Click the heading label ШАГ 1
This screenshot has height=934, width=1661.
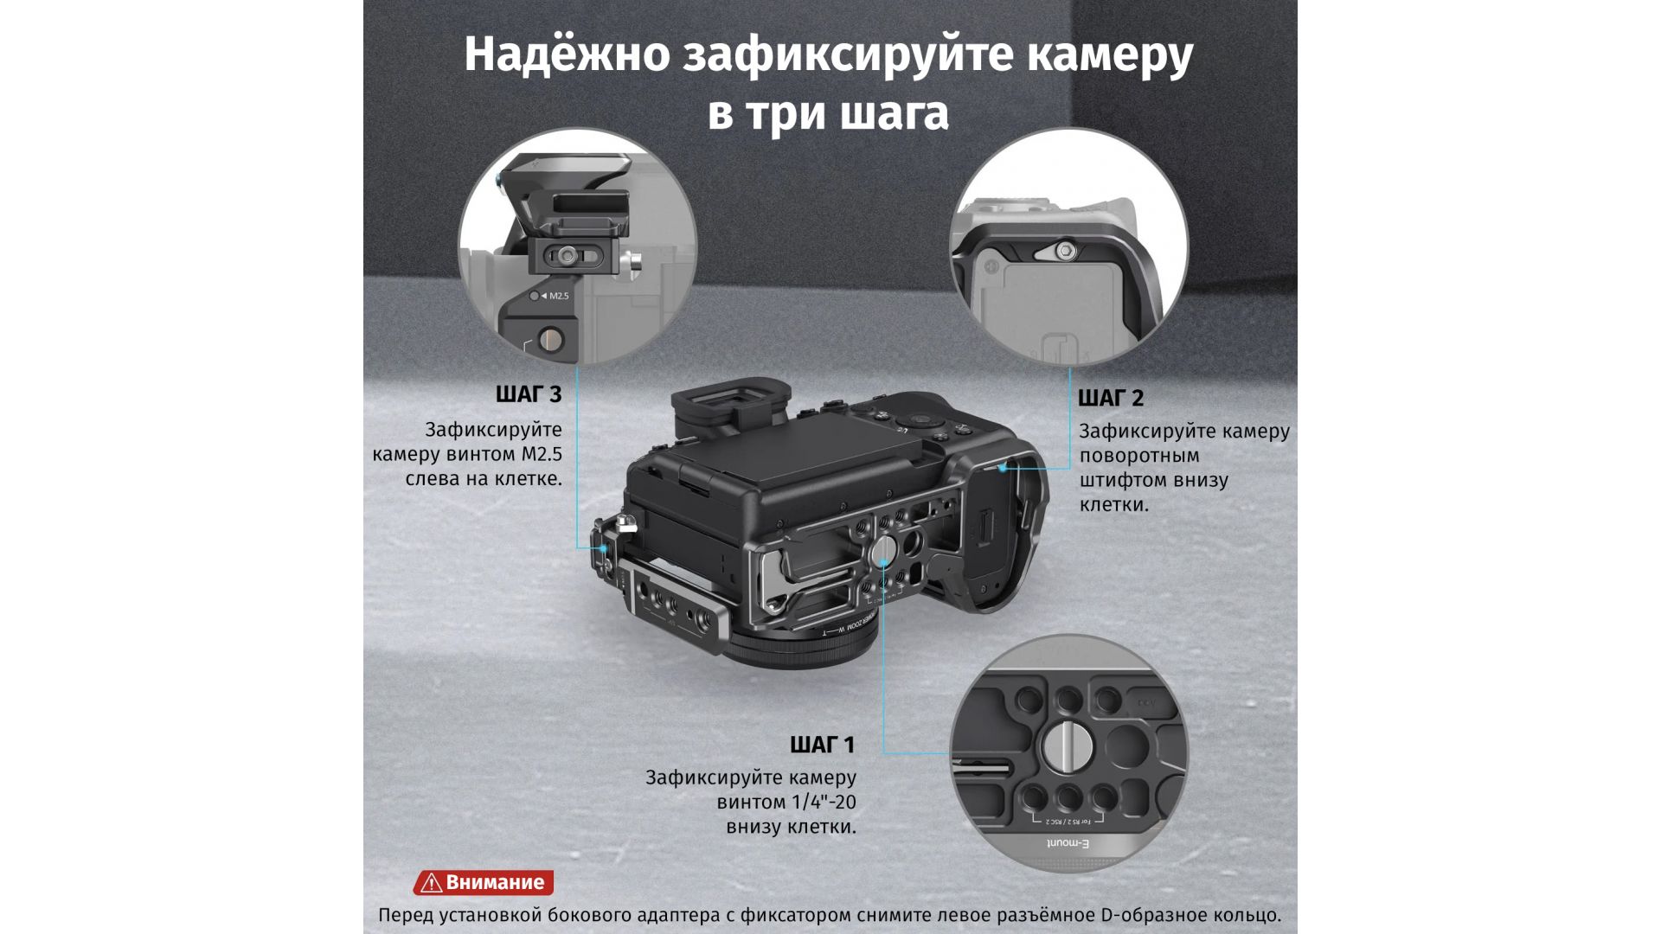822,745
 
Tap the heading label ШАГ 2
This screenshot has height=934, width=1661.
1111,399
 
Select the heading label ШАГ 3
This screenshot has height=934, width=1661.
529,395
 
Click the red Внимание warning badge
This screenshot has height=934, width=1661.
484,882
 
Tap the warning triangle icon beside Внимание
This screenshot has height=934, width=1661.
430,883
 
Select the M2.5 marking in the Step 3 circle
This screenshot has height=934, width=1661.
555,296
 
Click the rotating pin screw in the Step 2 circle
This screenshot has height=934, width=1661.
1065,251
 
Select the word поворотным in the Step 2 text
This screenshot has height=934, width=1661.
1139,456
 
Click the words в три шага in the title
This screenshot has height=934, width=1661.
828,114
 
